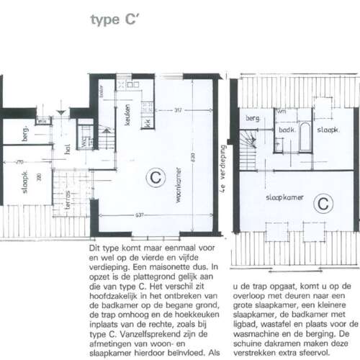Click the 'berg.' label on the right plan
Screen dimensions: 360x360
pos(252,118)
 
